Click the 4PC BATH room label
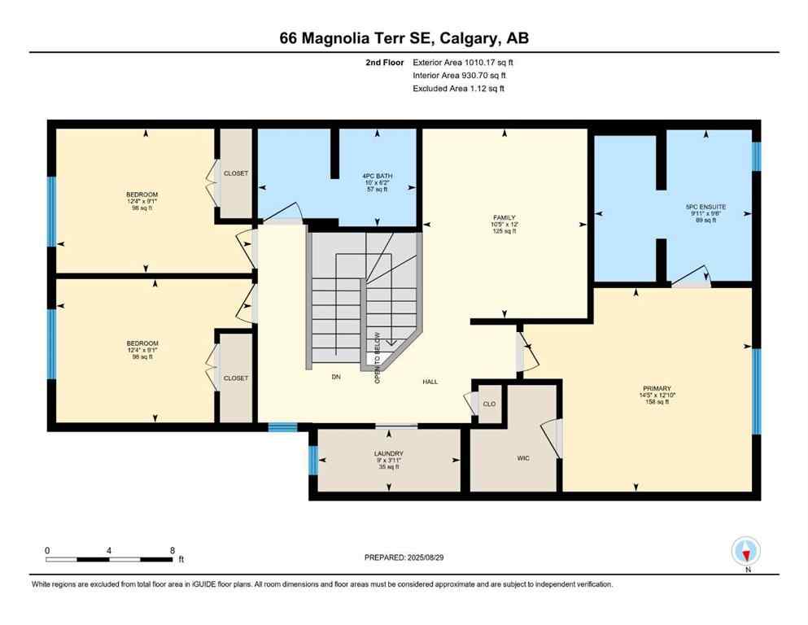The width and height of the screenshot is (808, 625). click(x=377, y=175)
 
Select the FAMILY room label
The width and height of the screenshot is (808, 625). click(x=504, y=217)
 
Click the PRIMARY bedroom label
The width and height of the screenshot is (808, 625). click(x=654, y=388)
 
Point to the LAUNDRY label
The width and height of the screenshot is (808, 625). click(x=388, y=453)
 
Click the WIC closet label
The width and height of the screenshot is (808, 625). click(x=523, y=458)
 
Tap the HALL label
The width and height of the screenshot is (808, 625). click(x=430, y=381)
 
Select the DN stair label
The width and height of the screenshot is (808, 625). click(x=335, y=376)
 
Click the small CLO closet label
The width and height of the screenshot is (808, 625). click(x=489, y=403)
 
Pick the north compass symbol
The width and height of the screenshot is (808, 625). click(x=745, y=551)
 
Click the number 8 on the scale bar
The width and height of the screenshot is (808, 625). click(x=172, y=550)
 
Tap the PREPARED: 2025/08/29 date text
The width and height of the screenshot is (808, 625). click(x=404, y=557)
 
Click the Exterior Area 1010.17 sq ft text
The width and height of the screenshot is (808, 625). click(x=463, y=62)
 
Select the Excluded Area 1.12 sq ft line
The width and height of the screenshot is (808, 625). click(x=458, y=88)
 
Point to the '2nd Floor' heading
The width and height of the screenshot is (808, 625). click(x=384, y=62)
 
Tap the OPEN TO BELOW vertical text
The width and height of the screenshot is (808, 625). click(x=377, y=357)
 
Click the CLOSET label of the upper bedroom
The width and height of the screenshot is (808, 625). click(x=236, y=173)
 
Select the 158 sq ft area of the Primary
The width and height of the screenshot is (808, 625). click(x=654, y=401)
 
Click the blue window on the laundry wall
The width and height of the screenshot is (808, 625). click(x=313, y=461)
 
